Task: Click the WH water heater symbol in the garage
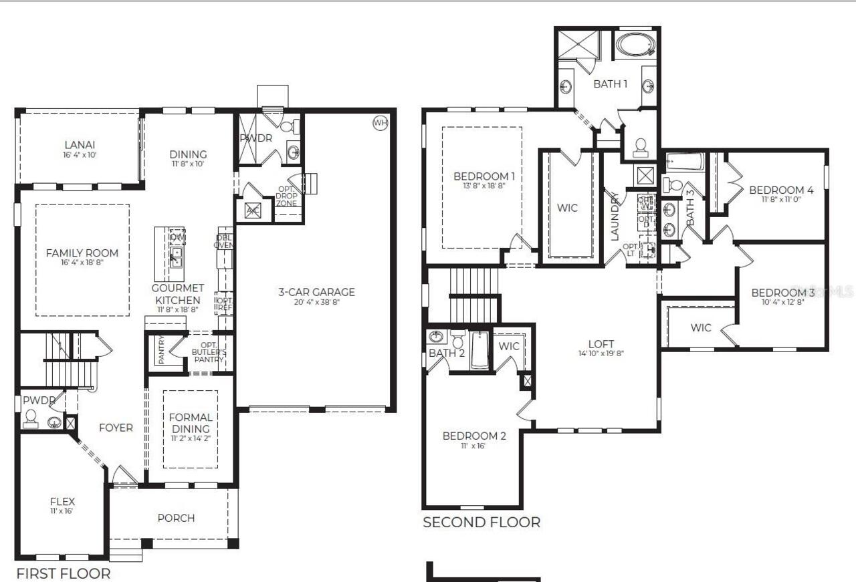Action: coord(380,122)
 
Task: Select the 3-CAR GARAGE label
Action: coord(316,292)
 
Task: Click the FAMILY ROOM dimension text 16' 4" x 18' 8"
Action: coord(82,263)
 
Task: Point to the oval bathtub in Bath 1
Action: coord(636,45)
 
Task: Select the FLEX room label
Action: coord(62,501)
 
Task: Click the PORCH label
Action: coord(176,518)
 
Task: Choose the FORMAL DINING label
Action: coord(191,422)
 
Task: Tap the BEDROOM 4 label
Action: coord(781,190)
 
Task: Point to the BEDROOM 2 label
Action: coord(474,436)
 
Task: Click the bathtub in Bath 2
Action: coord(480,351)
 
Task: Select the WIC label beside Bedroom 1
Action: coord(567,208)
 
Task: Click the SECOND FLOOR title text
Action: coord(481,522)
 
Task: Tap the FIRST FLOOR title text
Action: coord(64,573)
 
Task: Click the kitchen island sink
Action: coord(176,257)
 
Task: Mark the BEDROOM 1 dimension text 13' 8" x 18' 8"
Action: coord(484,186)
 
